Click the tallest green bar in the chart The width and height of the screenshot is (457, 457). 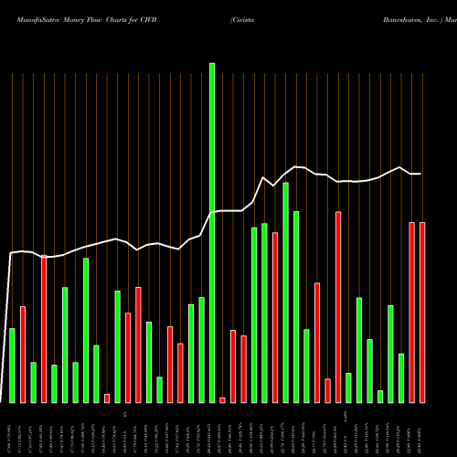click(x=212, y=233)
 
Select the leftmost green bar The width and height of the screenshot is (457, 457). click(x=12, y=366)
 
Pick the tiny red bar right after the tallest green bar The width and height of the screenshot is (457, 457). click(x=222, y=400)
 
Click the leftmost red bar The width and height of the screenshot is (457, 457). click(x=23, y=355)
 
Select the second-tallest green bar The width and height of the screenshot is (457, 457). click(x=285, y=292)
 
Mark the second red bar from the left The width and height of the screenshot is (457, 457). click(x=44, y=329)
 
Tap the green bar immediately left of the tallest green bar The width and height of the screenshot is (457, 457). click(x=201, y=350)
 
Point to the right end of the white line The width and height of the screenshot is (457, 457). click(x=421, y=174)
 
